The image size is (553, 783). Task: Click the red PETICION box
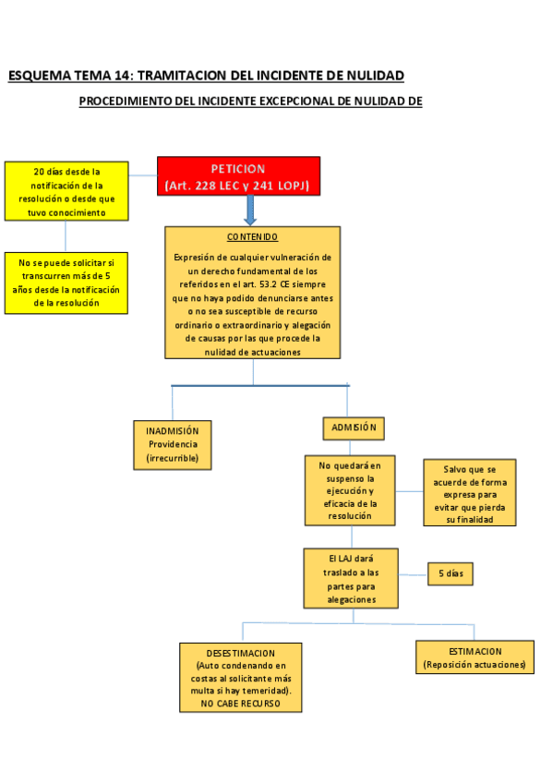[x=238, y=176]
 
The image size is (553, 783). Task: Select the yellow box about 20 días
[x=66, y=192]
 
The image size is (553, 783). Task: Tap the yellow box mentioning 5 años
[x=66, y=283]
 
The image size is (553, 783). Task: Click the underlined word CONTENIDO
[x=252, y=237]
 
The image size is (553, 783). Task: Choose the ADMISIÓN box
[x=353, y=428]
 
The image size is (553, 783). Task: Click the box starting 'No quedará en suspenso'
[x=349, y=491]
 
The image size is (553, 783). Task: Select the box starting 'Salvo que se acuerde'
[x=469, y=494]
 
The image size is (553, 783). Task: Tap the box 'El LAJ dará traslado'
[x=350, y=579]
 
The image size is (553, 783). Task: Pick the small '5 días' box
[x=450, y=573]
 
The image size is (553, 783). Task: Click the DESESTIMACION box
[x=240, y=678]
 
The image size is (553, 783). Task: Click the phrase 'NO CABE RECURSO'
[x=240, y=704]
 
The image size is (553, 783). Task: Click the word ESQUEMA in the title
[x=38, y=76]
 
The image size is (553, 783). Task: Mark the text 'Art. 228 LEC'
[x=199, y=187]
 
